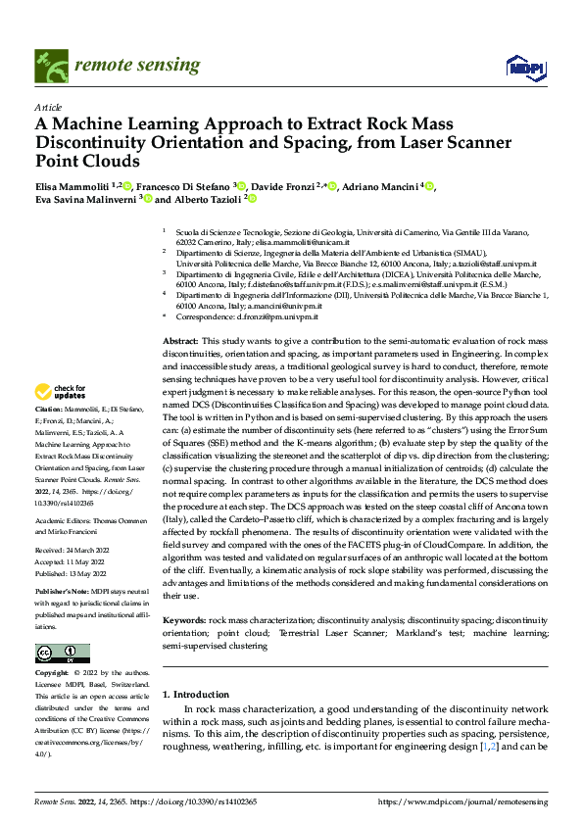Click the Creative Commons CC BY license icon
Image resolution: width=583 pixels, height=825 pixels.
(62, 654)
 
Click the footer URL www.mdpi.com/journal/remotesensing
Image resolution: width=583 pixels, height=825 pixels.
(470, 801)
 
